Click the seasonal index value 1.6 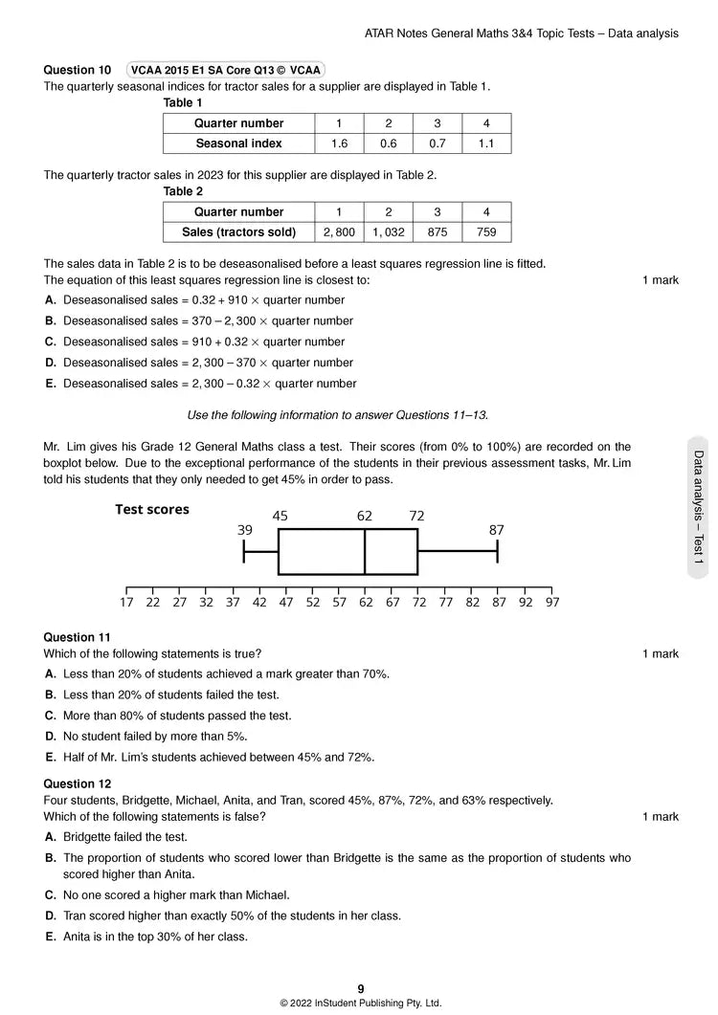[x=339, y=143]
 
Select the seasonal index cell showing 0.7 [x=438, y=143]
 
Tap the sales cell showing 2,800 [x=339, y=232]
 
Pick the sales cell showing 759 [x=486, y=232]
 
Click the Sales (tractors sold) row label [x=238, y=232]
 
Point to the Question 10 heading [x=78, y=70]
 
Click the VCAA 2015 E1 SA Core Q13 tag [x=226, y=70]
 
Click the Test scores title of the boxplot [x=152, y=510]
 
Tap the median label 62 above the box [x=365, y=517]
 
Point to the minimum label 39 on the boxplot [x=245, y=530]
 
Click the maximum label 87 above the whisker [x=496, y=530]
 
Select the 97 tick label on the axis [x=551, y=603]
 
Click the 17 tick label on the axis [x=126, y=603]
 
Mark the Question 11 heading [x=78, y=637]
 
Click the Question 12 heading [x=78, y=783]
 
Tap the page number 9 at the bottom [x=361, y=989]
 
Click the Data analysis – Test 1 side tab [x=698, y=507]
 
